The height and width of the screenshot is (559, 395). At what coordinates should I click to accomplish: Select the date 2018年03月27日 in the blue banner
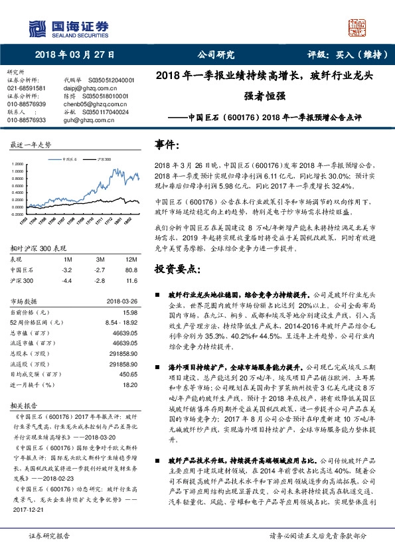coord(75,54)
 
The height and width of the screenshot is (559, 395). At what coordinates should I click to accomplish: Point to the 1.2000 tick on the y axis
coord(20,163)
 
